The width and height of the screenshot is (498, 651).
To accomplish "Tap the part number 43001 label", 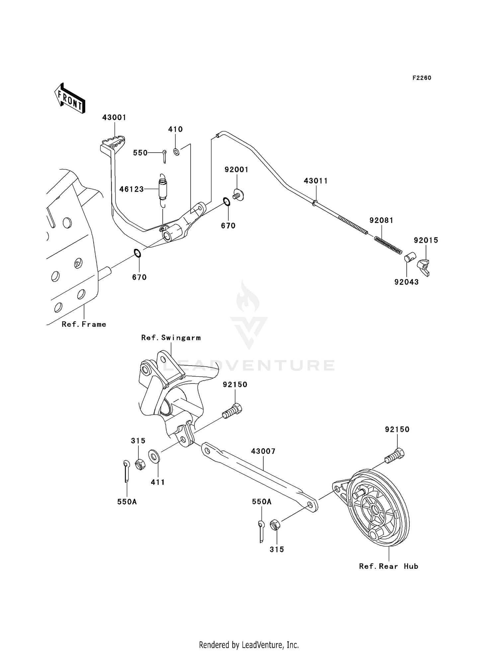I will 114,117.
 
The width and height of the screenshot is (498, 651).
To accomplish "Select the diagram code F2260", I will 422,78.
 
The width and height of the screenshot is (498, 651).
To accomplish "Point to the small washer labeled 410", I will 177,152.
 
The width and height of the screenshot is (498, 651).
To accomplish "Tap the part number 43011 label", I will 316,181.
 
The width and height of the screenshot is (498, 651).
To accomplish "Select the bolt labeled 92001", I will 238,195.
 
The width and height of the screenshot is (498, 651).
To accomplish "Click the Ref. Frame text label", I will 84,324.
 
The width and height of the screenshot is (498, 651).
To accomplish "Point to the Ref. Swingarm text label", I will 171,338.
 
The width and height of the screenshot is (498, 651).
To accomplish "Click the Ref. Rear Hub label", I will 388,566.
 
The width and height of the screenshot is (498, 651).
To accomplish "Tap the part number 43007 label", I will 263,451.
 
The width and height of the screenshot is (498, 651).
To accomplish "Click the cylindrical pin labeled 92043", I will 410,257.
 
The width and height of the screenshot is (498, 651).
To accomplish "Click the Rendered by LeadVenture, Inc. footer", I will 249,645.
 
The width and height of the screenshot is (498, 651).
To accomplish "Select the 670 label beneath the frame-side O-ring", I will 139,277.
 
